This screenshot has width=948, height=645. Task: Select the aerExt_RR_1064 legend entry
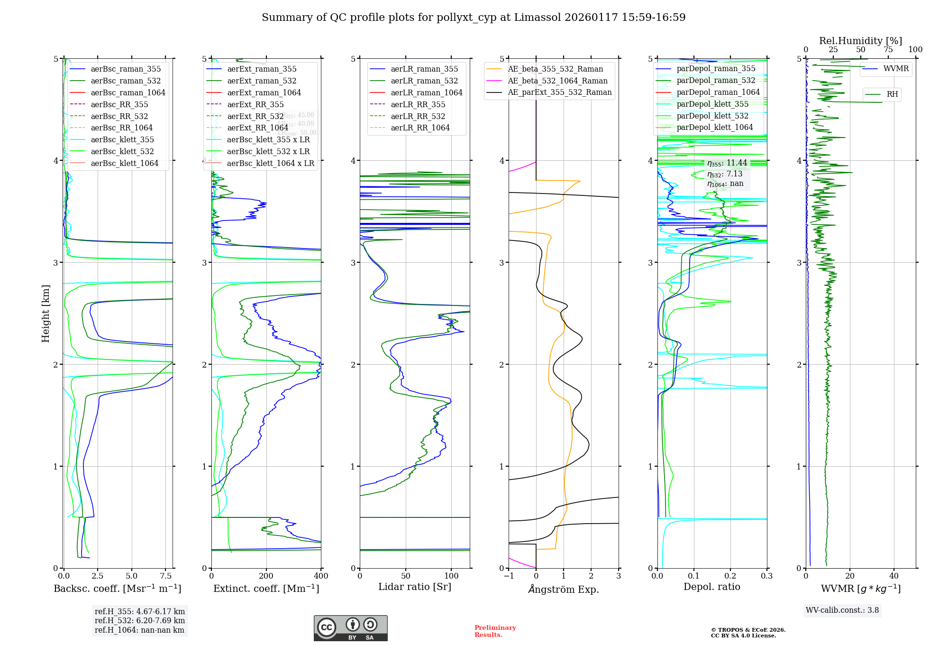click(x=257, y=128)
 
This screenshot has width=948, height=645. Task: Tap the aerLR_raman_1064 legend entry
click(x=426, y=92)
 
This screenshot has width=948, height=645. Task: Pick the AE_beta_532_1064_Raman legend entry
click(x=557, y=81)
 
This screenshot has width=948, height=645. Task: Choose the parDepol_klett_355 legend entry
click(x=712, y=104)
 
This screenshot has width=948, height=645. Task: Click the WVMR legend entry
click(x=895, y=69)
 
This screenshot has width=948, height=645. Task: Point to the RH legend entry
click(x=892, y=94)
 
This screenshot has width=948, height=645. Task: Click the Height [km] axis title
click(x=46, y=313)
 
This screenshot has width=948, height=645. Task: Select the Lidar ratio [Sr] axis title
click(x=415, y=587)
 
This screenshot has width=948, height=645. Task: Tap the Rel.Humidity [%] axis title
click(x=860, y=41)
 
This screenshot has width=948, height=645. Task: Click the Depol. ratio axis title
click(x=711, y=587)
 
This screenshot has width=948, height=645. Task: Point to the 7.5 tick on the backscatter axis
click(x=165, y=576)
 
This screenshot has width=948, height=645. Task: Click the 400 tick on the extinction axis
click(x=321, y=576)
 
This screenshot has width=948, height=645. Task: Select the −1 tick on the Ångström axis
click(x=509, y=576)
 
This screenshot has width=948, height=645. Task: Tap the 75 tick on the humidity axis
click(x=888, y=50)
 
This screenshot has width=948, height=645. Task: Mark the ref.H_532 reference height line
click(x=139, y=620)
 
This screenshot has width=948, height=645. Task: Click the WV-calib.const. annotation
click(x=842, y=610)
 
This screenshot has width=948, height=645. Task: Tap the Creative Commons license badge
click(x=350, y=628)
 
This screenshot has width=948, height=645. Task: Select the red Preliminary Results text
click(x=495, y=631)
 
